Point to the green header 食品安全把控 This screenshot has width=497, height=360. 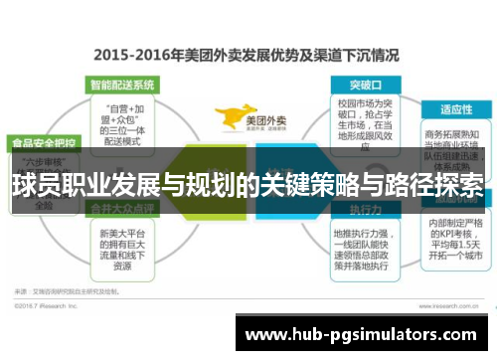(x=41, y=142)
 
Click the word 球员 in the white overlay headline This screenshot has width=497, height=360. (x=31, y=184)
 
